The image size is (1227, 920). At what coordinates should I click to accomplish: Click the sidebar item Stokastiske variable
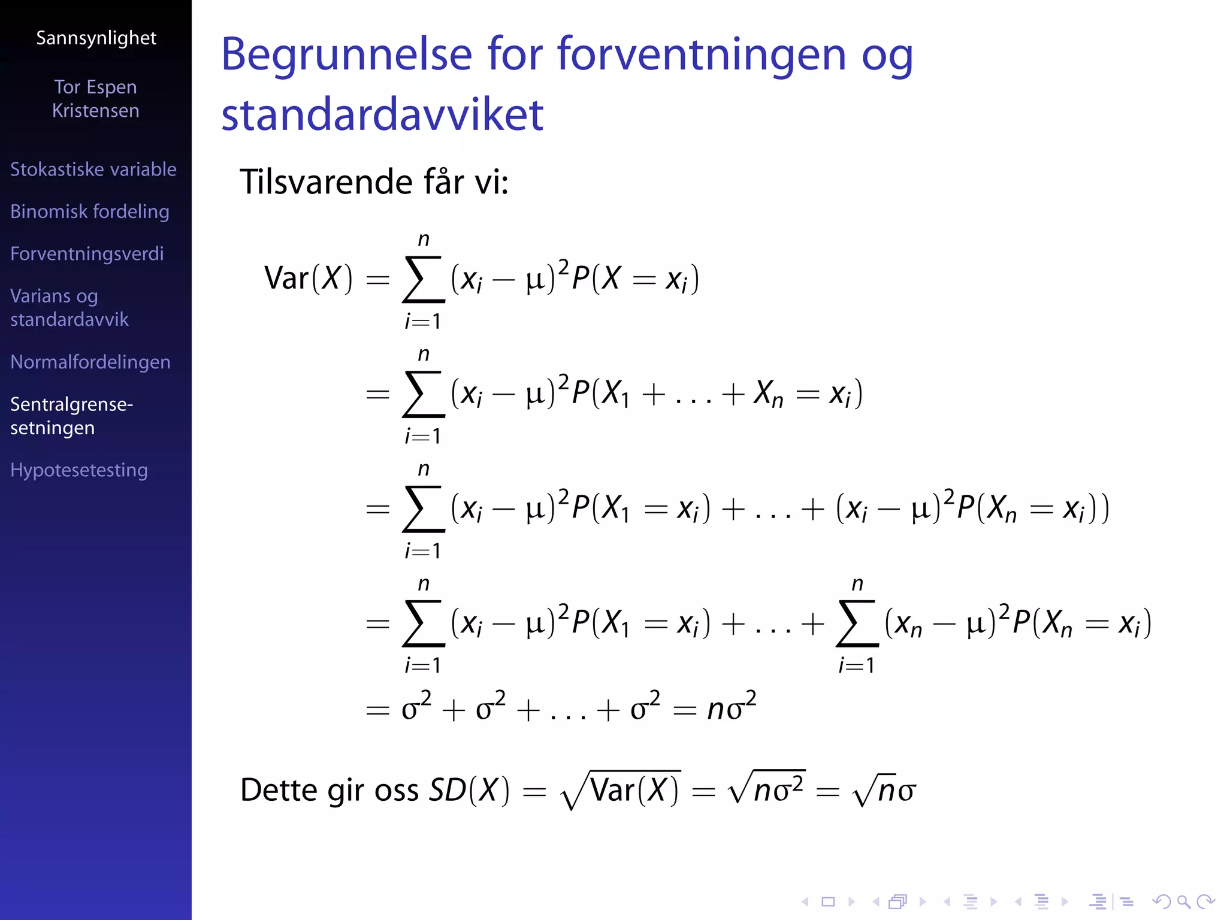click(93, 170)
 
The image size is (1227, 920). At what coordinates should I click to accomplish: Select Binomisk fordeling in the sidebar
click(90, 211)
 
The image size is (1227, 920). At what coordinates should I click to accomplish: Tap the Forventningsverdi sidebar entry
click(87, 254)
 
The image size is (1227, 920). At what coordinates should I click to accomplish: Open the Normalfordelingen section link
click(90, 362)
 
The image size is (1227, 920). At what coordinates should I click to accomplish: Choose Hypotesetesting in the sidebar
click(79, 470)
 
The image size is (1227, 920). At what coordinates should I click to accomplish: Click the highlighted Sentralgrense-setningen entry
click(71, 416)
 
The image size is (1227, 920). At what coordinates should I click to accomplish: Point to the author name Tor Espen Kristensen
click(96, 99)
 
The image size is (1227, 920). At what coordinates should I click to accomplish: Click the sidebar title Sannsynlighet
click(96, 38)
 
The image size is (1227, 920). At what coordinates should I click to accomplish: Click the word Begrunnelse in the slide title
click(347, 55)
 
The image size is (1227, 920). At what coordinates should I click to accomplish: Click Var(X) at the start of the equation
click(308, 279)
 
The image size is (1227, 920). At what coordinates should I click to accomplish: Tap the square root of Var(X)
click(621, 790)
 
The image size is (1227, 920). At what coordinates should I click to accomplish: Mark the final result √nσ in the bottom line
click(884, 790)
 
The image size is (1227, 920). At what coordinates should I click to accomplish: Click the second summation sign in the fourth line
click(857, 624)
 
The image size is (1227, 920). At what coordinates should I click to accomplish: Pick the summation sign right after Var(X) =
click(424, 279)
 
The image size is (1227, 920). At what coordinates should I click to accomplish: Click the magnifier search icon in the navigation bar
click(1183, 901)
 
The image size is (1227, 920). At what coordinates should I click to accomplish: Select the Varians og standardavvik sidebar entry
click(69, 308)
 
